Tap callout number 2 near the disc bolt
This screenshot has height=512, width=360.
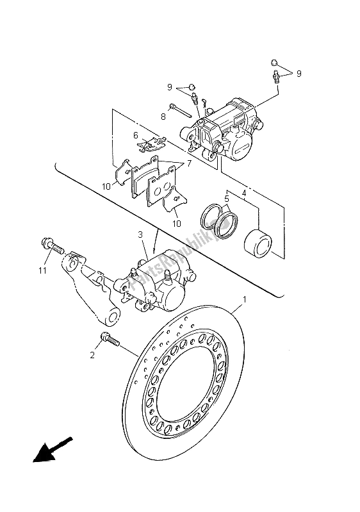(94, 354)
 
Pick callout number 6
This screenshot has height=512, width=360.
(136, 135)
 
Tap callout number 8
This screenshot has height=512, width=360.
(163, 117)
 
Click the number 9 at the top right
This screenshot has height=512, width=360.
(299, 73)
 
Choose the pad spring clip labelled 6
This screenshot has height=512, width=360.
(151, 145)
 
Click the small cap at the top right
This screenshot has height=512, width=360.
(274, 63)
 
